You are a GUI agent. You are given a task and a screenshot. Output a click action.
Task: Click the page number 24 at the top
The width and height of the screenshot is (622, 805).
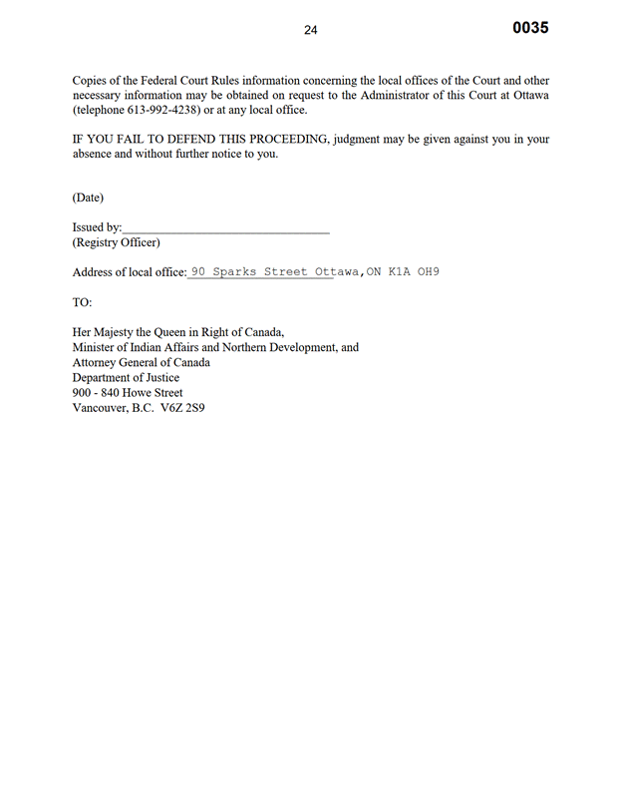point(310,31)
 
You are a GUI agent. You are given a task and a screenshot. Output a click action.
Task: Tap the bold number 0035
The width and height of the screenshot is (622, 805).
point(530,28)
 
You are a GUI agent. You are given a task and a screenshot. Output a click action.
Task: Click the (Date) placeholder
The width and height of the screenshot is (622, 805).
point(88,198)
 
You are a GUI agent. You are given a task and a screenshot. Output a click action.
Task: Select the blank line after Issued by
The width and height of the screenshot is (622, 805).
point(225,228)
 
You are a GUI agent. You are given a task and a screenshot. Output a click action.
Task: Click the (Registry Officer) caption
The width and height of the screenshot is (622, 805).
point(116,242)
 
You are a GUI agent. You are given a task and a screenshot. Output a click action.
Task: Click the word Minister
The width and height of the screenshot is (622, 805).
point(97,348)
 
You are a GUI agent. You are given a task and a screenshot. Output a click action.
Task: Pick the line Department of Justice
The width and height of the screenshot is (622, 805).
point(126,378)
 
